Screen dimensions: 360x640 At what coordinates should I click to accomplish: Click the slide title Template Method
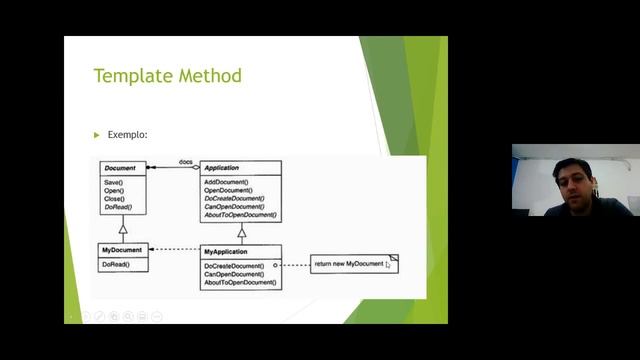click(x=167, y=76)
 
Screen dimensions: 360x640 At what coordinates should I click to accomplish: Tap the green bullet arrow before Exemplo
click(x=97, y=135)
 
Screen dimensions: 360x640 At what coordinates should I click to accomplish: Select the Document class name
click(x=119, y=168)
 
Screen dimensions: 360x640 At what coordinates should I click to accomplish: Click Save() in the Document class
click(x=113, y=182)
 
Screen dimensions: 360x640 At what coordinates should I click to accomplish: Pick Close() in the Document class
click(x=114, y=198)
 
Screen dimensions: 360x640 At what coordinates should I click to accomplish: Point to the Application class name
click(x=221, y=168)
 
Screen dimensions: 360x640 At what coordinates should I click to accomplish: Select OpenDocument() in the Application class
click(x=229, y=190)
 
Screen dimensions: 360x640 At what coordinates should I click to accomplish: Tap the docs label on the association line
click(x=186, y=161)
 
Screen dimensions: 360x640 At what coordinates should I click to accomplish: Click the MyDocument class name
click(x=122, y=250)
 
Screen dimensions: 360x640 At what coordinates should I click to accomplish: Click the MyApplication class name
click(x=225, y=251)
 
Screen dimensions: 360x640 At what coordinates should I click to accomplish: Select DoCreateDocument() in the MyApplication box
click(x=235, y=266)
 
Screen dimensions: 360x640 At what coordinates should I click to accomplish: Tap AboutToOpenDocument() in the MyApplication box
click(x=240, y=283)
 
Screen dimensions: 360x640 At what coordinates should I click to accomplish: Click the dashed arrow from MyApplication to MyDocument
click(x=174, y=250)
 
